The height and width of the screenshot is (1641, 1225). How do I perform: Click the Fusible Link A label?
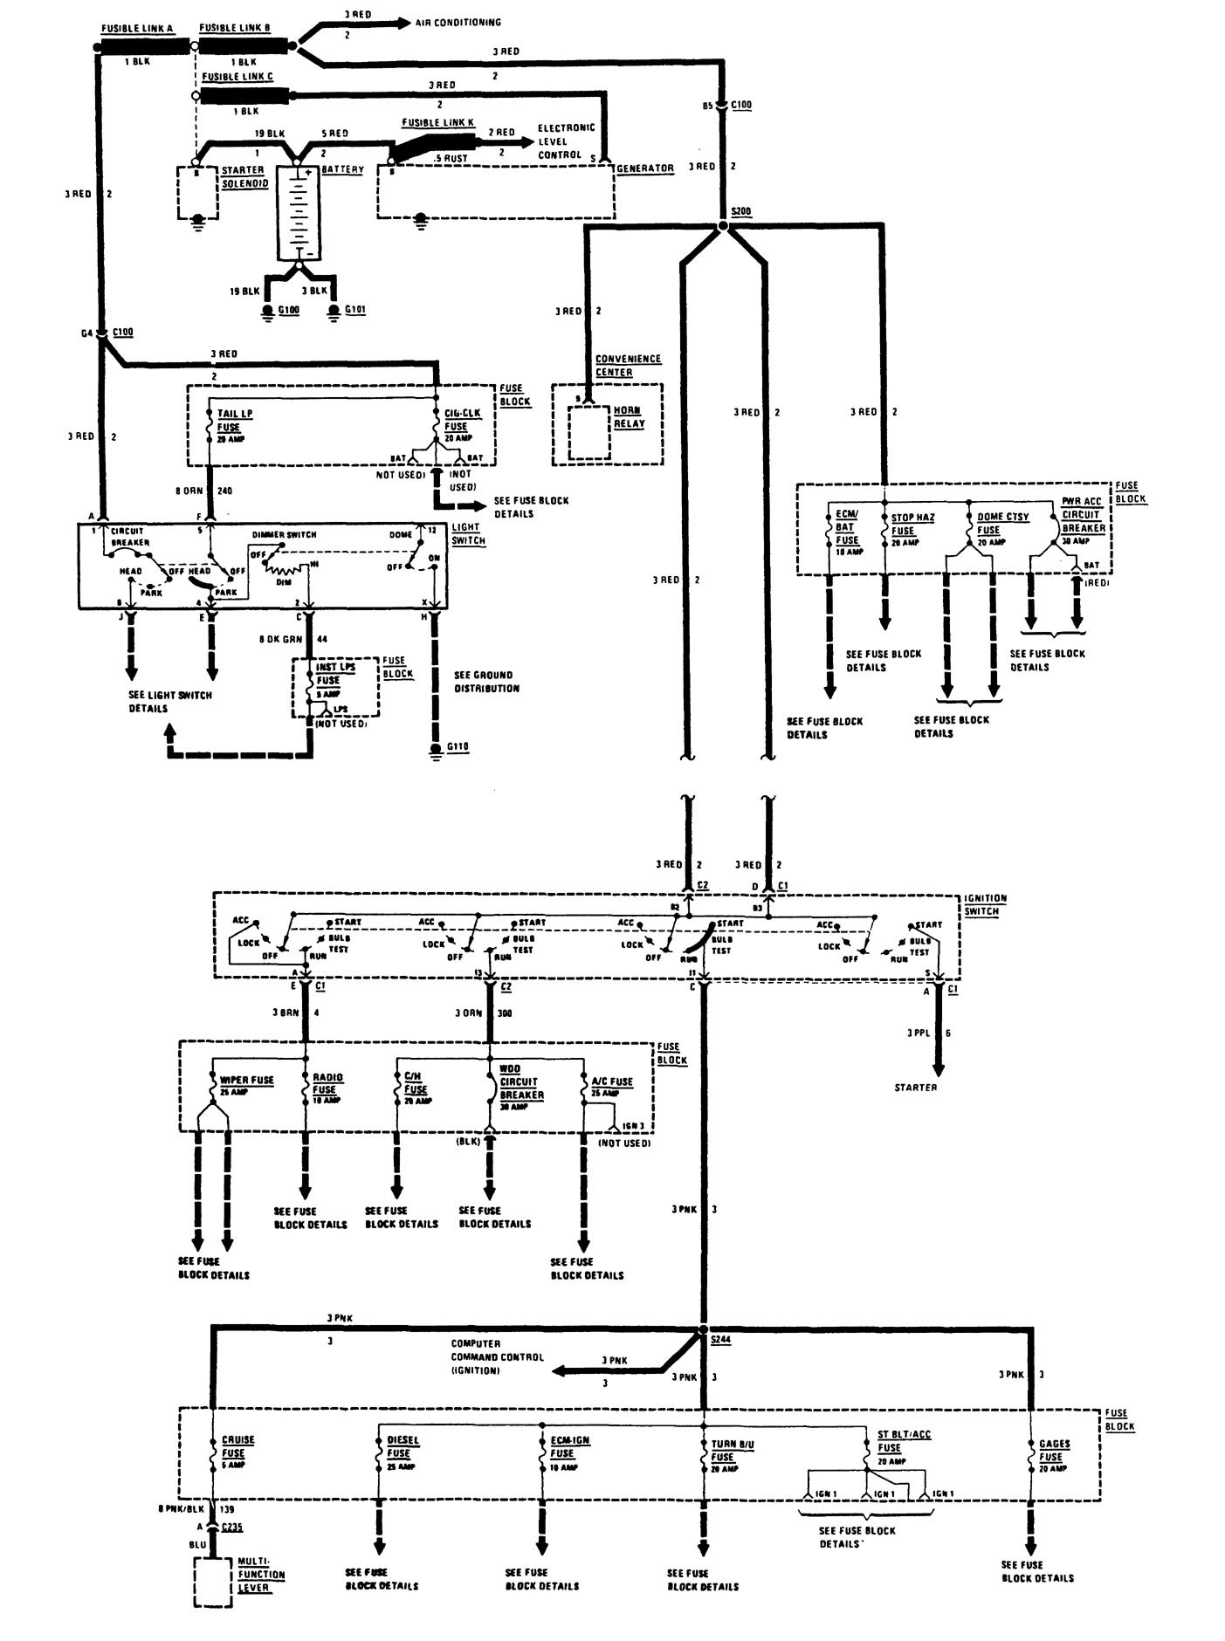pyautogui.click(x=137, y=29)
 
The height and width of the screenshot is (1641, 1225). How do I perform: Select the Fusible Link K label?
pyautogui.click(x=437, y=122)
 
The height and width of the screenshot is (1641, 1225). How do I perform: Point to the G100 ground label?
pyautogui.click(x=289, y=309)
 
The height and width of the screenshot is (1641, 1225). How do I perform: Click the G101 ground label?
pyautogui.click(x=355, y=309)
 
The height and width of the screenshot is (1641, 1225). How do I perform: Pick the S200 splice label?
pyautogui.click(x=741, y=211)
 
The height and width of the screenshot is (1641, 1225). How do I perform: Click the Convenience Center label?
pyautogui.click(x=628, y=366)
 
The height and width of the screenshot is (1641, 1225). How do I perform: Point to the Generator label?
pyautogui.click(x=644, y=168)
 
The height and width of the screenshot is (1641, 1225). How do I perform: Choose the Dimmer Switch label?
pyautogui.click(x=284, y=534)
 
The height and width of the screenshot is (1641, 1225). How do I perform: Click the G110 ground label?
pyautogui.click(x=458, y=747)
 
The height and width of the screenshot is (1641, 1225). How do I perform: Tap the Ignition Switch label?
pyautogui.click(x=984, y=904)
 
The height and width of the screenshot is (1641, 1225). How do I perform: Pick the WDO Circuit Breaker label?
pyautogui.click(x=521, y=1081)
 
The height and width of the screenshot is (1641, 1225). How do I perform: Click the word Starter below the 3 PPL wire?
pyautogui.click(x=915, y=1088)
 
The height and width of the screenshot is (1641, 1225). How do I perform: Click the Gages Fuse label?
pyautogui.click(x=1050, y=1451)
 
